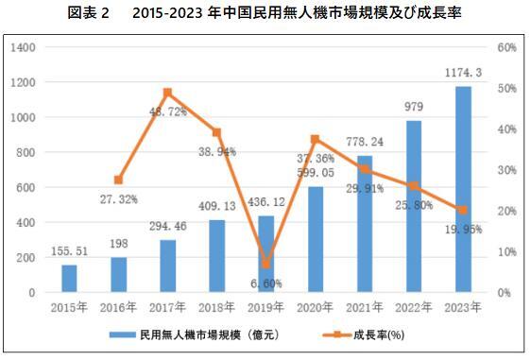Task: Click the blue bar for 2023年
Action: click(463, 189)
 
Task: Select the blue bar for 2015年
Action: click(69, 279)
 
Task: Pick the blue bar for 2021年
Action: click(365, 224)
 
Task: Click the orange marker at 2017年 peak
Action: click(167, 93)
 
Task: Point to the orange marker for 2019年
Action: click(266, 265)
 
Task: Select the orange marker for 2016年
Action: click(118, 180)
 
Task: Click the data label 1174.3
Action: click(462, 73)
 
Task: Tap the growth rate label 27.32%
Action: click(117, 199)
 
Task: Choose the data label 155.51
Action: click(69, 252)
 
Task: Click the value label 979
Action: click(414, 107)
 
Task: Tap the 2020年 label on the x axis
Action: click(316, 307)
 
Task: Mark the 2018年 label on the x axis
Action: click(216, 307)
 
